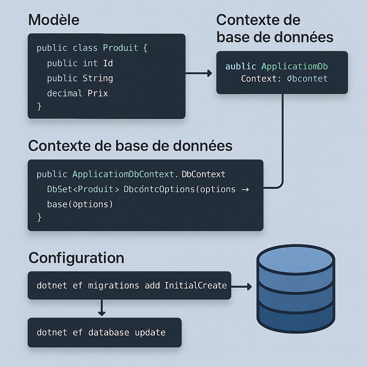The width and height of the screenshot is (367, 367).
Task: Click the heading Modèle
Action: pyautogui.click(x=54, y=20)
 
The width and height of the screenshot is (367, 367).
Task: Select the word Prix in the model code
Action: pyautogui.click(x=98, y=94)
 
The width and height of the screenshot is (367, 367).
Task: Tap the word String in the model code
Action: pyautogui.click(x=98, y=78)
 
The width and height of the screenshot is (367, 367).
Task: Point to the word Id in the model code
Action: pyautogui.click(x=108, y=63)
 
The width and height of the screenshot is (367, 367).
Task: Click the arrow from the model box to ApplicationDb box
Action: pyautogui.click(x=199, y=73)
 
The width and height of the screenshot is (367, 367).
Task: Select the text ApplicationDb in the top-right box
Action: pyautogui.click(x=295, y=66)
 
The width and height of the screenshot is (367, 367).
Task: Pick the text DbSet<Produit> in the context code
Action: pyautogui.click(x=83, y=189)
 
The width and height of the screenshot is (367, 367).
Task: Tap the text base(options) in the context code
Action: pyautogui.click(x=80, y=204)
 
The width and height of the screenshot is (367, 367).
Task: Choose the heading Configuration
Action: pyautogui.click(x=76, y=258)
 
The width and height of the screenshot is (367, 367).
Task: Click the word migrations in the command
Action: pyautogui.click(x=113, y=285)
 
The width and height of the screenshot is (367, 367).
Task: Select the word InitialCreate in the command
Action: pyautogui.click(x=196, y=285)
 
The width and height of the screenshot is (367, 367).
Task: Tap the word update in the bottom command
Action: pyautogui.click(x=150, y=332)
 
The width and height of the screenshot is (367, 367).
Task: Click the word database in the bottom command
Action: pyautogui.click(x=109, y=332)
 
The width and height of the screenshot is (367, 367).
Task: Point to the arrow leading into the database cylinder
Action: pyautogui.click(x=242, y=287)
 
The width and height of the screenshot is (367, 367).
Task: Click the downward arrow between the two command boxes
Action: pyautogui.click(x=102, y=308)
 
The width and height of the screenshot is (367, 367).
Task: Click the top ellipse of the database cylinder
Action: pyautogui.click(x=296, y=259)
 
